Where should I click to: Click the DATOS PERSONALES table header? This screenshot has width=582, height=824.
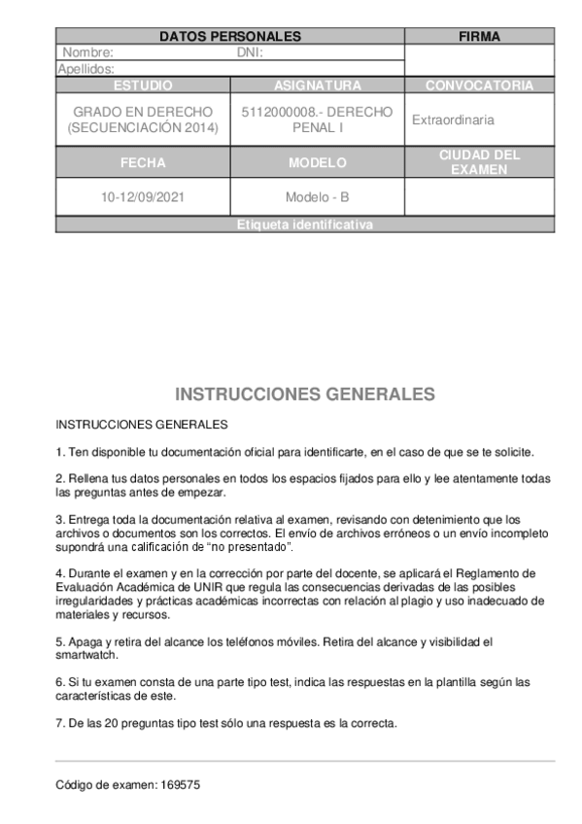click(229, 37)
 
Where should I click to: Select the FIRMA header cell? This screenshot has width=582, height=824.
click(479, 37)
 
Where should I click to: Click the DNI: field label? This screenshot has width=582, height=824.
click(251, 52)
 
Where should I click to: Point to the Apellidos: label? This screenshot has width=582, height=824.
click(86, 69)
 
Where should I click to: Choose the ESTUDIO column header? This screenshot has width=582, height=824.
click(143, 86)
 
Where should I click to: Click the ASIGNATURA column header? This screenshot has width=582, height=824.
click(317, 86)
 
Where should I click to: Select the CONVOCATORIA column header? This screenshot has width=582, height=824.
click(479, 86)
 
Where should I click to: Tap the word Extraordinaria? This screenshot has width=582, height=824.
click(453, 120)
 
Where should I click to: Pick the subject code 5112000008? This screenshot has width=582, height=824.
click(275, 112)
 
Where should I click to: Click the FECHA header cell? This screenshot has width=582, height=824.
click(143, 162)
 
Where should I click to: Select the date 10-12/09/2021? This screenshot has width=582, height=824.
click(143, 197)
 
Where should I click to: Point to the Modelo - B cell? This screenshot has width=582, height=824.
click(317, 197)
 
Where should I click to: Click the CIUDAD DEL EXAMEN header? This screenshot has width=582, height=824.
click(479, 162)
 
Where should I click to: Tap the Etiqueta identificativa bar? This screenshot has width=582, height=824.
click(304, 225)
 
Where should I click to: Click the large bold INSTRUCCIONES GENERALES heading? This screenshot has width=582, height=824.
click(304, 395)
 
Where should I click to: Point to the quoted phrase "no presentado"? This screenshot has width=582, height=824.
click(248, 547)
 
